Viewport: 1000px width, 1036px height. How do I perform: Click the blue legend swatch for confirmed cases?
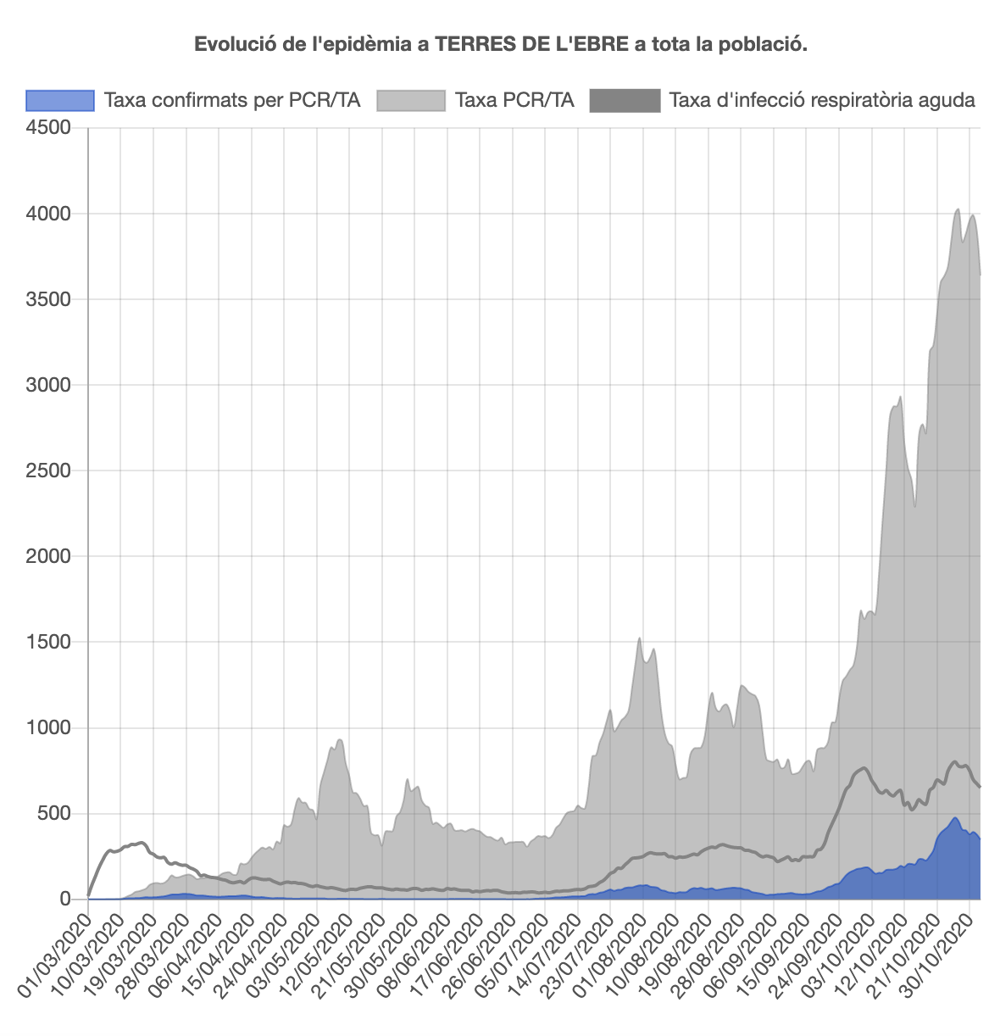(60, 100)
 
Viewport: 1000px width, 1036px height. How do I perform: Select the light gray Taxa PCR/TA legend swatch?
(410, 100)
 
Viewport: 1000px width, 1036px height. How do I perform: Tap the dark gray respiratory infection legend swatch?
(625, 100)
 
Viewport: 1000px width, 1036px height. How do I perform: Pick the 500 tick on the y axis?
(57, 813)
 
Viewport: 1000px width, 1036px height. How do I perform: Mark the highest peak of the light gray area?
(957, 209)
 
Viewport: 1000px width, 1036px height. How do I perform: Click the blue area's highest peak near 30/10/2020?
(955, 818)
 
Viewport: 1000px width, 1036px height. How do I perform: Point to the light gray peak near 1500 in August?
(639, 638)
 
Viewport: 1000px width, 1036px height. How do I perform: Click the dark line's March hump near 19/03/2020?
(142, 842)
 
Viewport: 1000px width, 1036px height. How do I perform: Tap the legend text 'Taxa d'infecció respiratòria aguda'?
(822, 100)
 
